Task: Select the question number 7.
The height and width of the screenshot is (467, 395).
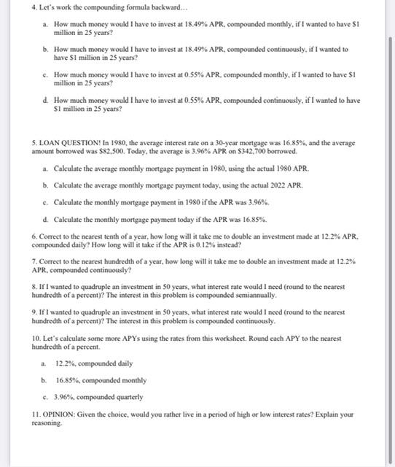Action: click(x=34, y=260)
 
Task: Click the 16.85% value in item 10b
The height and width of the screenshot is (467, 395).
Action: click(x=68, y=380)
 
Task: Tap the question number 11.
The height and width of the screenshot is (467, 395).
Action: click(x=36, y=414)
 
